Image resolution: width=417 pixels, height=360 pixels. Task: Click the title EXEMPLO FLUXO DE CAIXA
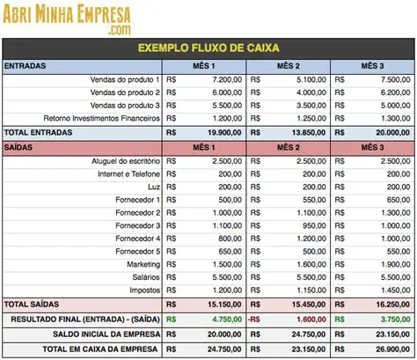(x=208, y=48)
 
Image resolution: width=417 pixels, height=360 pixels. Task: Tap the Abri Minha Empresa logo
(x=66, y=18)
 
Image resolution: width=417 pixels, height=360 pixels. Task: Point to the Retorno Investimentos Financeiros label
(x=102, y=118)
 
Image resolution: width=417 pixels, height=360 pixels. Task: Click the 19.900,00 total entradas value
(x=220, y=132)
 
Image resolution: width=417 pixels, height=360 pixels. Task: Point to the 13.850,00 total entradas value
(x=304, y=132)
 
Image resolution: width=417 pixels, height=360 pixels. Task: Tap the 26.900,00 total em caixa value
(x=387, y=350)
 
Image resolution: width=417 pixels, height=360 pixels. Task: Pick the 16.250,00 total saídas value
(x=387, y=304)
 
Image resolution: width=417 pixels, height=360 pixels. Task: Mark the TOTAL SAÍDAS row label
(x=31, y=304)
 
